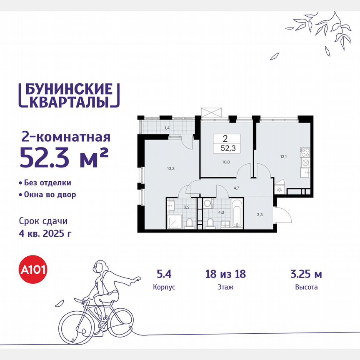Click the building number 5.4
point(161,274)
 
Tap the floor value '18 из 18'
point(225,274)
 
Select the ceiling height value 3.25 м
point(306,274)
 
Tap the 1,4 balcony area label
point(167,128)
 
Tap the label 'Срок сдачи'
point(43,221)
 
